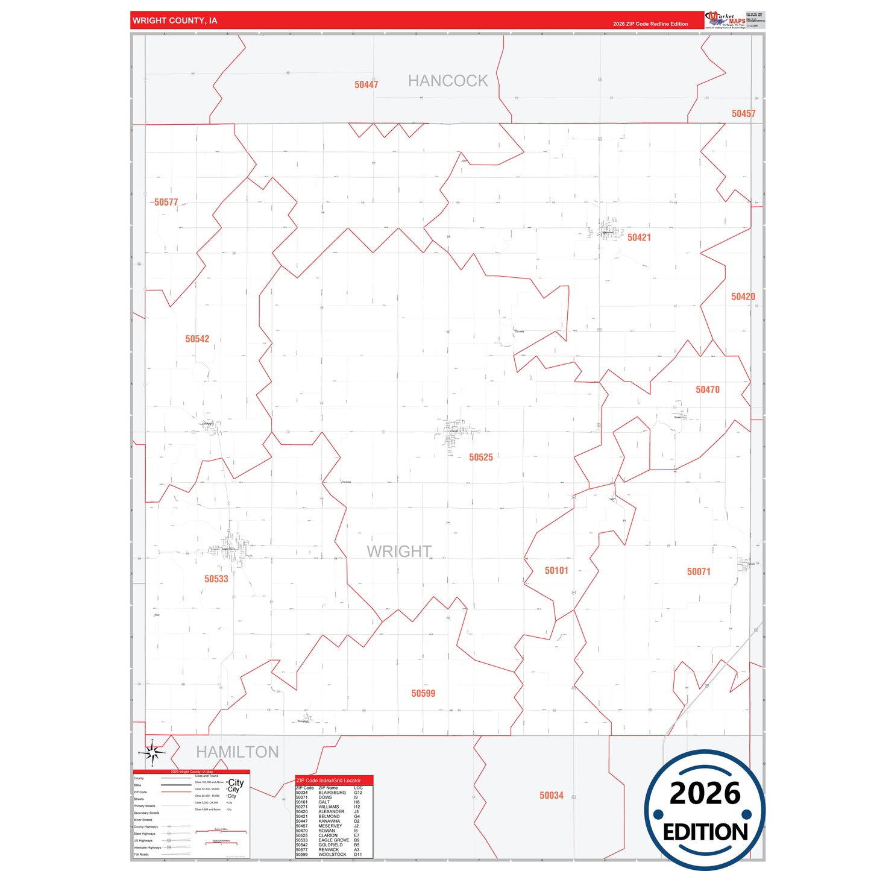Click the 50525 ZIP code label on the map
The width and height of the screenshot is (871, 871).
[x=481, y=458]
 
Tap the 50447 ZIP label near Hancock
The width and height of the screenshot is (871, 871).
[x=366, y=85]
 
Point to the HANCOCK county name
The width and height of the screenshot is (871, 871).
[x=448, y=81]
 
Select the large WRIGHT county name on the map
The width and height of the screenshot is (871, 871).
[x=399, y=552]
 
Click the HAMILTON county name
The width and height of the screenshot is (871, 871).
[x=237, y=752]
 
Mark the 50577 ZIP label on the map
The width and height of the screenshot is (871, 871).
[x=166, y=203]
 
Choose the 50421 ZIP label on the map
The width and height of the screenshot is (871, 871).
[x=639, y=237]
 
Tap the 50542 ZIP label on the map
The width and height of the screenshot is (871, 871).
[x=197, y=339]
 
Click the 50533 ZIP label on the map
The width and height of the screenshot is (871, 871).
[x=216, y=579]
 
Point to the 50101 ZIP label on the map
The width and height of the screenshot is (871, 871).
[x=556, y=571]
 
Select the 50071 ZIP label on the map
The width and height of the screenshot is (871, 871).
[x=699, y=572]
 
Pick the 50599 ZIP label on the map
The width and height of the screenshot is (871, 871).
[x=423, y=694]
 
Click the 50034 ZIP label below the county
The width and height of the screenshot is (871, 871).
[x=552, y=796]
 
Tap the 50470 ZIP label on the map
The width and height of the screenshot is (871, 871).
[x=708, y=390]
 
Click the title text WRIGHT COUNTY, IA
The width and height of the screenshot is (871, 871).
[x=175, y=20]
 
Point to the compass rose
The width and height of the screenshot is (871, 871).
[x=153, y=752]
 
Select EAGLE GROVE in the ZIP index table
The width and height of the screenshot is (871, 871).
[x=333, y=840]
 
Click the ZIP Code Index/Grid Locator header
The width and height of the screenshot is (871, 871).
[x=329, y=781]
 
